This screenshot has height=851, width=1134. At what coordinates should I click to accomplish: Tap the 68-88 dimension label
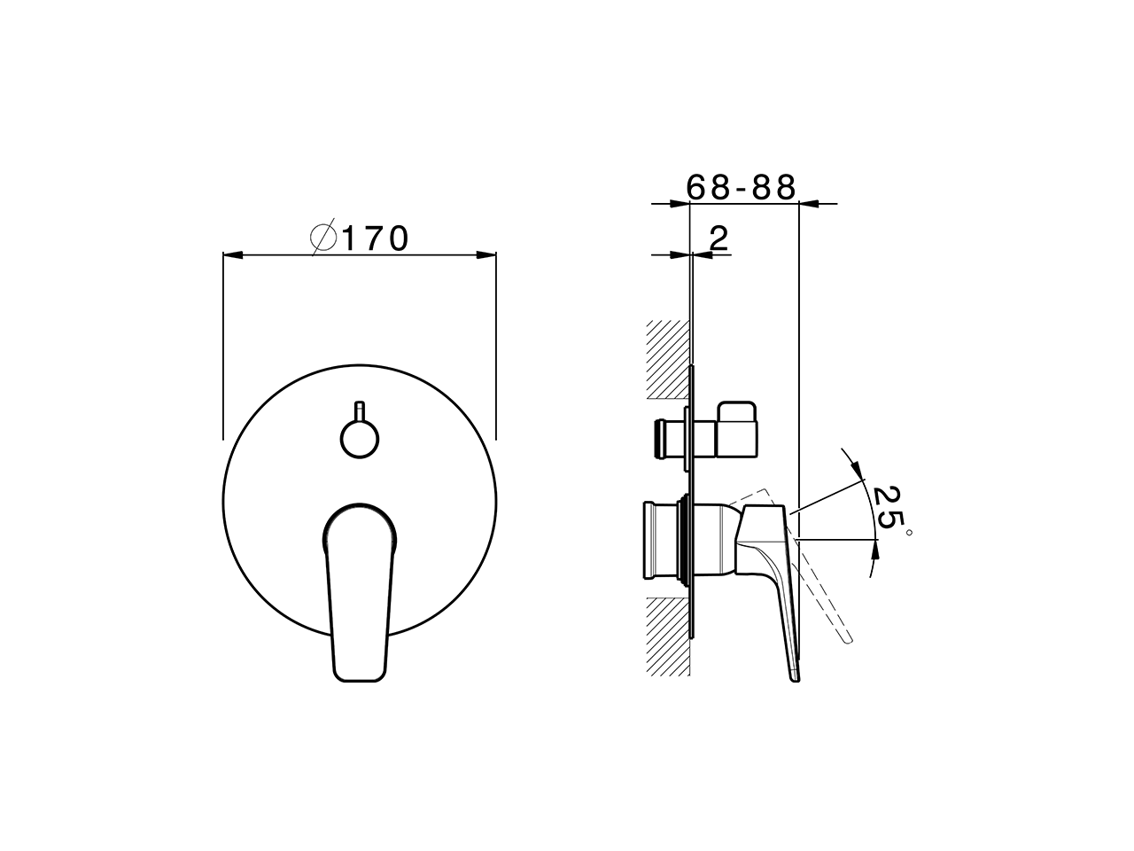click(742, 187)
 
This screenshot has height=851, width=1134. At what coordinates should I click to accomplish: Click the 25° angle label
click(888, 510)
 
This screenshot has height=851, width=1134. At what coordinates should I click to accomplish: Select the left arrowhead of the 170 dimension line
click(231, 255)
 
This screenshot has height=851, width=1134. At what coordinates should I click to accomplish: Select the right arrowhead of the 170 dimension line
click(486, 255)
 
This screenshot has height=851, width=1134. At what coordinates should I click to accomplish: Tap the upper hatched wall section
click(667, 359)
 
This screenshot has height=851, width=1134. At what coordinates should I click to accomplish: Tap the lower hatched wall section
click(667, 635)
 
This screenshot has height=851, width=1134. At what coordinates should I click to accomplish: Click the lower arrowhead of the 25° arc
click(876, 549)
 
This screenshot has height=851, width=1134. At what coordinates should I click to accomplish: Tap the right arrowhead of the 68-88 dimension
click(810, 205)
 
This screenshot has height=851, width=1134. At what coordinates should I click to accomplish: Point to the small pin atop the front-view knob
click(360, 411)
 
